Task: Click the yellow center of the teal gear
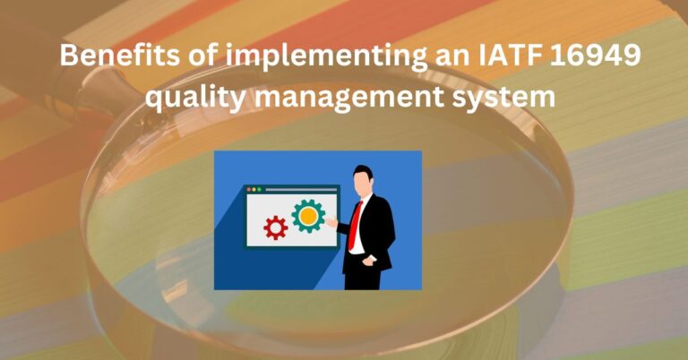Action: (x=308, y=216)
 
